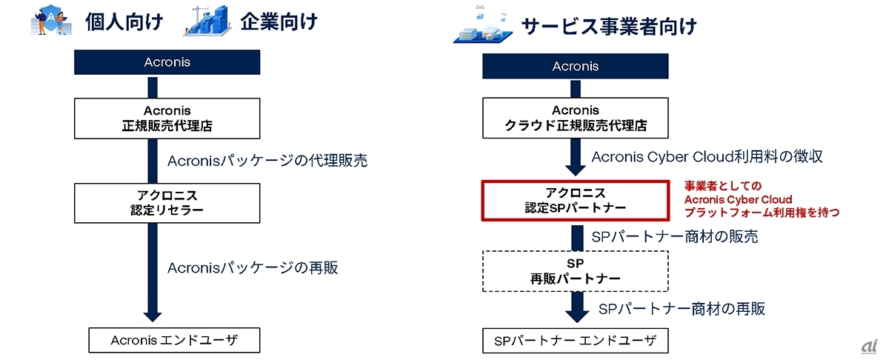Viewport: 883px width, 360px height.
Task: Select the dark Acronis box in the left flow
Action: [167, 62]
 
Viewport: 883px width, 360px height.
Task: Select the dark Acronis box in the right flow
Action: [576, 67]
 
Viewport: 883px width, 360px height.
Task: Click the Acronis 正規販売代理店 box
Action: [167, 118]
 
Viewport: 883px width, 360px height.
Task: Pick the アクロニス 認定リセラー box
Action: [167, 203]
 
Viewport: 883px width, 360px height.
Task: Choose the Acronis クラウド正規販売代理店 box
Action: [576, 119]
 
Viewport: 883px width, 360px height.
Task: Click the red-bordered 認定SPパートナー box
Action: [576, 200]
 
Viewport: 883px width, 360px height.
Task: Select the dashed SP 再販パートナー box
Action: [576, 271]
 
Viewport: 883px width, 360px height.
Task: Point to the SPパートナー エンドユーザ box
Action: [576, 341]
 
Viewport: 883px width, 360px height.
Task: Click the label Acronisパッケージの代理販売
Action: [267, 160]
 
